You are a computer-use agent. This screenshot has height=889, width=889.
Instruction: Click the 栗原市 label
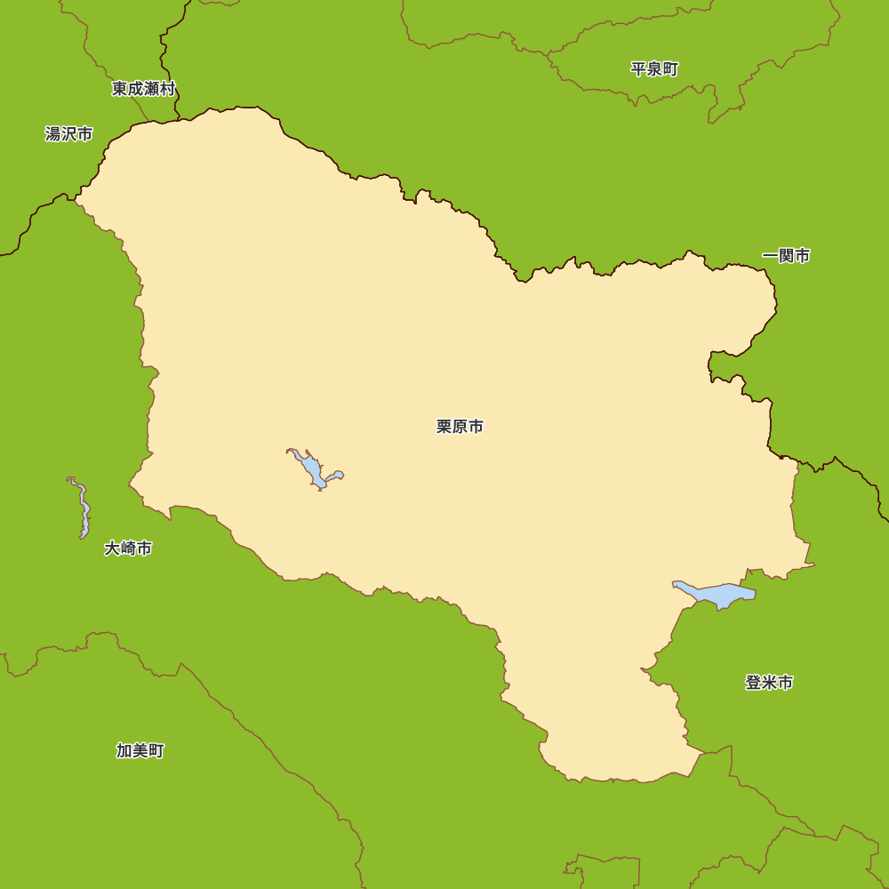tap(460, 427)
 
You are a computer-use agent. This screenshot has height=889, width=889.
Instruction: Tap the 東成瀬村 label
tap(143, 89)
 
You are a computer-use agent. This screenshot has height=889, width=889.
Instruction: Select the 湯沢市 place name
tap(68, 134)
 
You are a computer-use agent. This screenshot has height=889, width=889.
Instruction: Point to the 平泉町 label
tap(654, 69)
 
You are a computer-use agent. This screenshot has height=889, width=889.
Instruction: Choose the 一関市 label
tap(786, 256)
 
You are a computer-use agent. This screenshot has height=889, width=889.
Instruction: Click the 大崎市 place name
tap(128, 549)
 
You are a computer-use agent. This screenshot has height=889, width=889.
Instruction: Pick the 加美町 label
tap(140, 750)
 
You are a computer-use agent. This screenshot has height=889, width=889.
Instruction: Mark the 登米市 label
tap(769, 683)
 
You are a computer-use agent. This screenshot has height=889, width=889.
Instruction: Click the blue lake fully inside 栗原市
tap(312, 469)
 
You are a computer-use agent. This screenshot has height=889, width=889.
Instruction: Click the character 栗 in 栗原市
tap(444, 427)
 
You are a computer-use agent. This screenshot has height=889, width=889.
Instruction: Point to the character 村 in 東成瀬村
tap(167, 89)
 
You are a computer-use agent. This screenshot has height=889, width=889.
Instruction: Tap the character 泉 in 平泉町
tap(654, 69)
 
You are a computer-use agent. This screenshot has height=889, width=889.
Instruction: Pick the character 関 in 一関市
tap(786, 256)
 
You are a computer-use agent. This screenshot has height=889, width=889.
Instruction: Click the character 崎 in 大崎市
tap(128, 549)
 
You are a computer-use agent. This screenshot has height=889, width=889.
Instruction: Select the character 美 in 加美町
tap(140, 750)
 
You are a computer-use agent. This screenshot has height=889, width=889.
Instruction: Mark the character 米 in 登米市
tap(769, 683)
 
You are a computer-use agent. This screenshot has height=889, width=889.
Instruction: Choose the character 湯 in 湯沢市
tap(52, 134)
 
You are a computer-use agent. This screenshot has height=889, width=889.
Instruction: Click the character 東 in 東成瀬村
tap(119, 89)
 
